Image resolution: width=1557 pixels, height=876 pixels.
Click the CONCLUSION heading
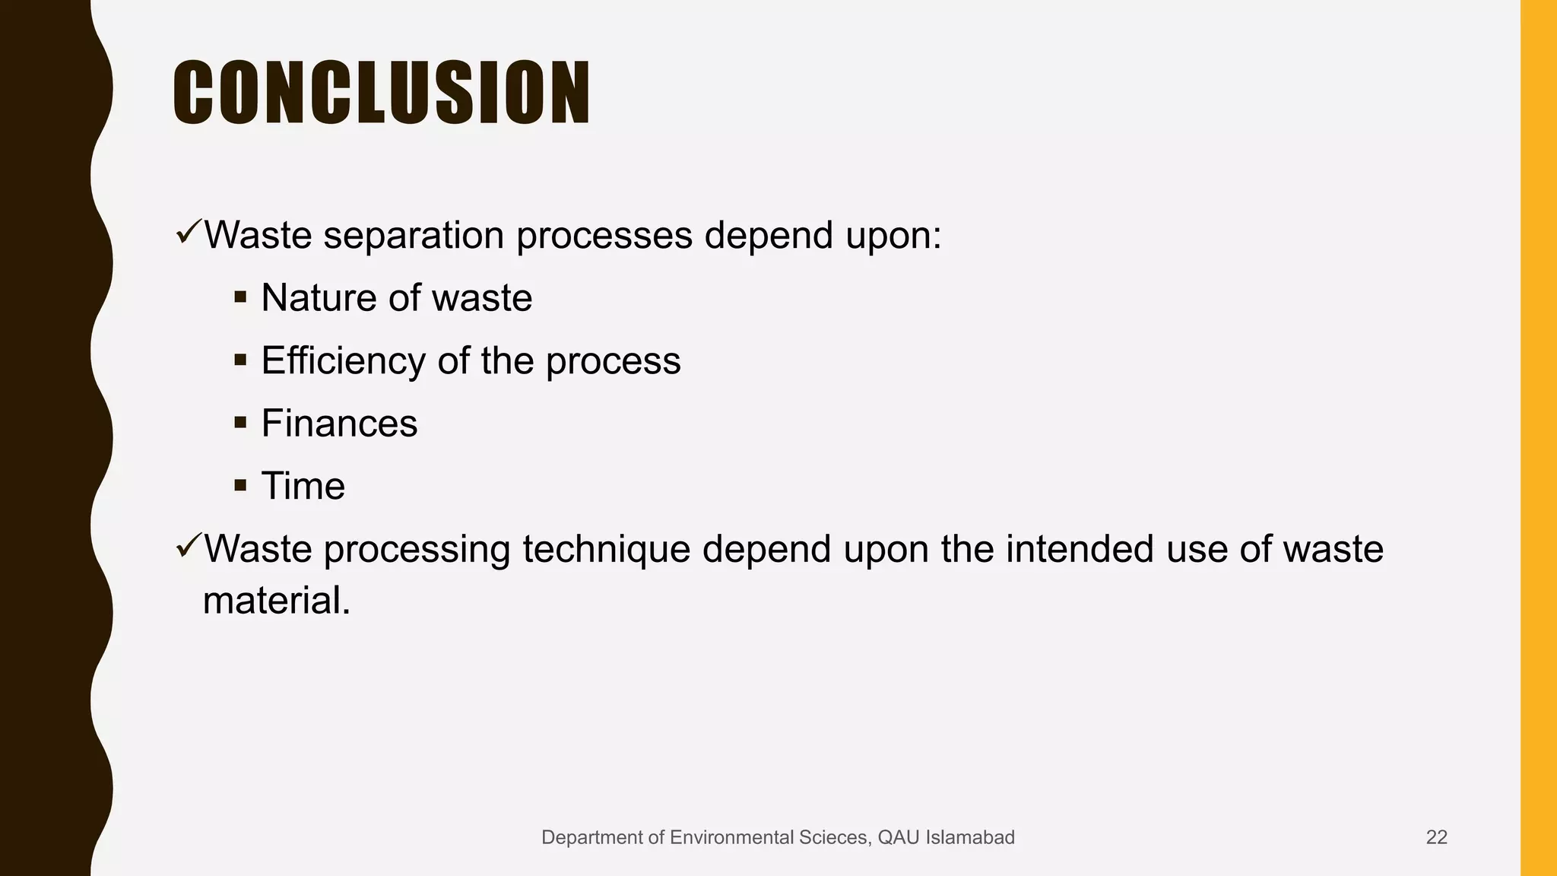coord(382,93)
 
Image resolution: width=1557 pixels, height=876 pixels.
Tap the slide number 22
coord(1436,837)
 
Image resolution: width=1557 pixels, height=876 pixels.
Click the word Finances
coord(339,423)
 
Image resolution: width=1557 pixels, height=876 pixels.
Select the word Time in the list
coord(303,486)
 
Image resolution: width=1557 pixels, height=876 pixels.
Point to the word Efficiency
coord(343,360)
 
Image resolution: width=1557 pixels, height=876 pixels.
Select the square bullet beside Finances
coord(241,422)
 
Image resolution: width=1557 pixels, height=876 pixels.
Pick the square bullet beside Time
coord(241,485)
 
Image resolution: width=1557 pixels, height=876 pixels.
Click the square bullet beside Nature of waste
coord(241,297)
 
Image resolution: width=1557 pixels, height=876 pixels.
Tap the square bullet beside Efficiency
coord(241,360)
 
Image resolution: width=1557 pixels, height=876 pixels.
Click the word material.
coord(277,601)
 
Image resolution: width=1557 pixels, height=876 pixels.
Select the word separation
coord(414,235)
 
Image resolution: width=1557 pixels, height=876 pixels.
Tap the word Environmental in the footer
coord(730,837)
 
